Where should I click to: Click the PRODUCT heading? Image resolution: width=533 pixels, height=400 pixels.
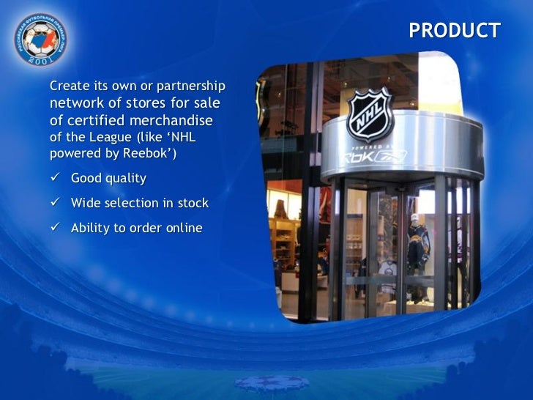454,31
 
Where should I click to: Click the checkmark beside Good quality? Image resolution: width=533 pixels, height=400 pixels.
55,179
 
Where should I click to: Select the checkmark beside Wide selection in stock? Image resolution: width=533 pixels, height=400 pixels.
55,204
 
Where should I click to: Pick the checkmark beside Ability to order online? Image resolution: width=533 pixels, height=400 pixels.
55,229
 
